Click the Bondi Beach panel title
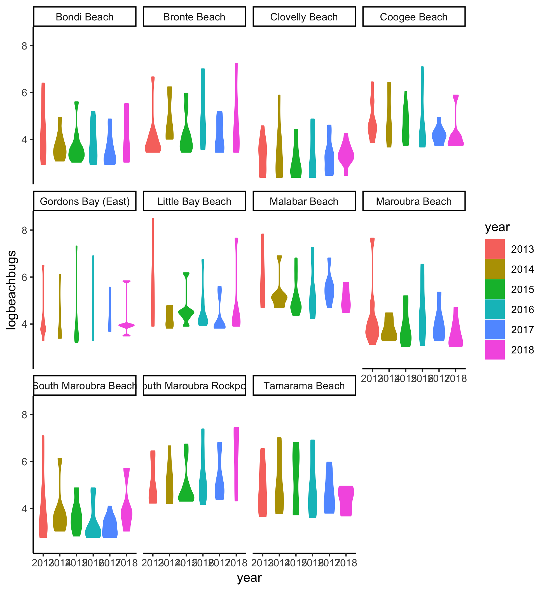click(x=85, y=17)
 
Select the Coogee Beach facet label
click(x=413, y=17)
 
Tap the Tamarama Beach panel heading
click(x=304, y=386)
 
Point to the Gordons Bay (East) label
click(x=85, y=201)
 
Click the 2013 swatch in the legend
click(x=495, y=249)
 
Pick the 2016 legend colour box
click(x=495, y=309)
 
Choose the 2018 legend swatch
click(x=495, y=350)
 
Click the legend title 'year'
click(x=497, y=227)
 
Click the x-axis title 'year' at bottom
click(x=249, y=577)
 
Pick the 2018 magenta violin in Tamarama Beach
click(x=346, y=500)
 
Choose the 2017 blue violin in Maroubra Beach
click(x=439, y=325)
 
